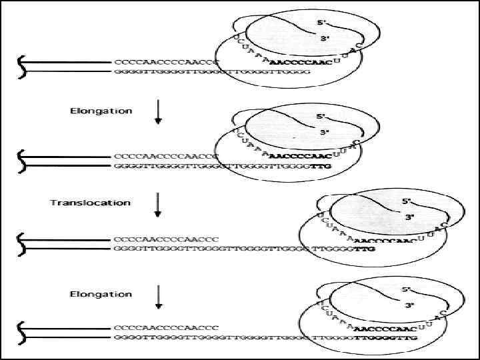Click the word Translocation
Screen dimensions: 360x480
click(x=91, y=202)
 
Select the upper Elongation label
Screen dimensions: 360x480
click(x=101, y=111)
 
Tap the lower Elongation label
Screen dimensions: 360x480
click(x=101, y=294)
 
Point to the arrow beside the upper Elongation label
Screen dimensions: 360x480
click(x=158, y=112)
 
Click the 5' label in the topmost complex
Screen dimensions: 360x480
click(x=321, y=23)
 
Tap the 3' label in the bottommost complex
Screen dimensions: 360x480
click(x=409, y=305)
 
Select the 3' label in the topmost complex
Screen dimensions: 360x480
click(x=325, y=39)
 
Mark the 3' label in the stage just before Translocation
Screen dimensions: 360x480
click(x=325, y=133)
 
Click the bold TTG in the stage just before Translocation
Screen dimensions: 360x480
click(x=321, y=165)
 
